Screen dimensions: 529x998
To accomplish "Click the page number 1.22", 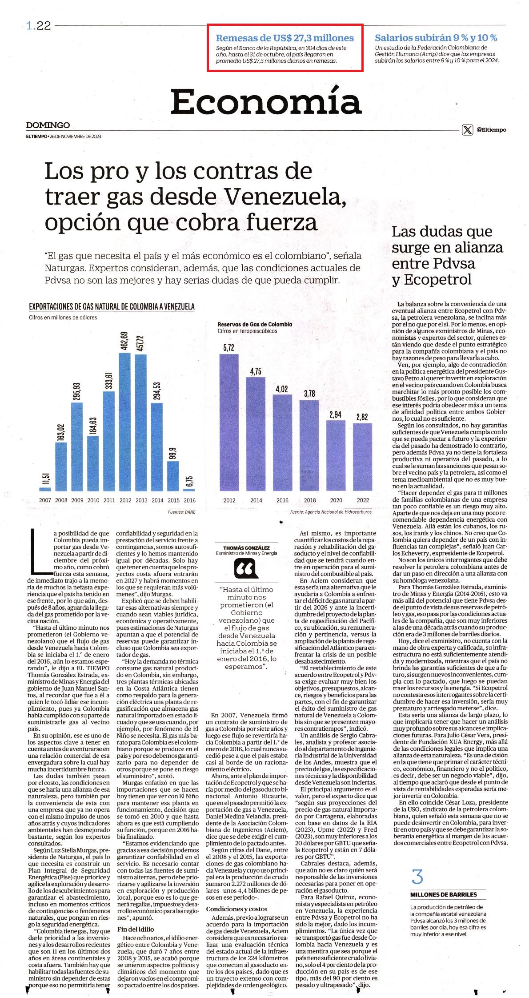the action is pyautogui.click(x=39, y=26).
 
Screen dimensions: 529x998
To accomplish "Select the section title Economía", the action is pyautogui.click(x=266, y=102).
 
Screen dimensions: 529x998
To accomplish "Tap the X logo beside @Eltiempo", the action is pyautogui.click(x=467, y=130).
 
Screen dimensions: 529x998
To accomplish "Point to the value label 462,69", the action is pyautogui.click(x=125, y=341).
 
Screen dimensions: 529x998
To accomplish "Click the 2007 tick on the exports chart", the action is pyautogui.click(x=45, y=500).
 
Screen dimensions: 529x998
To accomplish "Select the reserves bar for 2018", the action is pyautogui.click(x=310, y=446).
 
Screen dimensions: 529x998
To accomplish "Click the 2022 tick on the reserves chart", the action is pyautogui.click(x=363, y=500).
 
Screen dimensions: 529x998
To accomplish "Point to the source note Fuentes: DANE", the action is pyautogui.click(x=181, y=512).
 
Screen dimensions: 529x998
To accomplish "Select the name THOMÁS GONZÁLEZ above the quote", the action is pyautogui.click(x=246, y=547).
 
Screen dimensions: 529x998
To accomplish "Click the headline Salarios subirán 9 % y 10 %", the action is pyautogui.click(x=436, y=38).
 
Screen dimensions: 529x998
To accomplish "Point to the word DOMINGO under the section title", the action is pyautogui.click(x=48, y=125).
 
